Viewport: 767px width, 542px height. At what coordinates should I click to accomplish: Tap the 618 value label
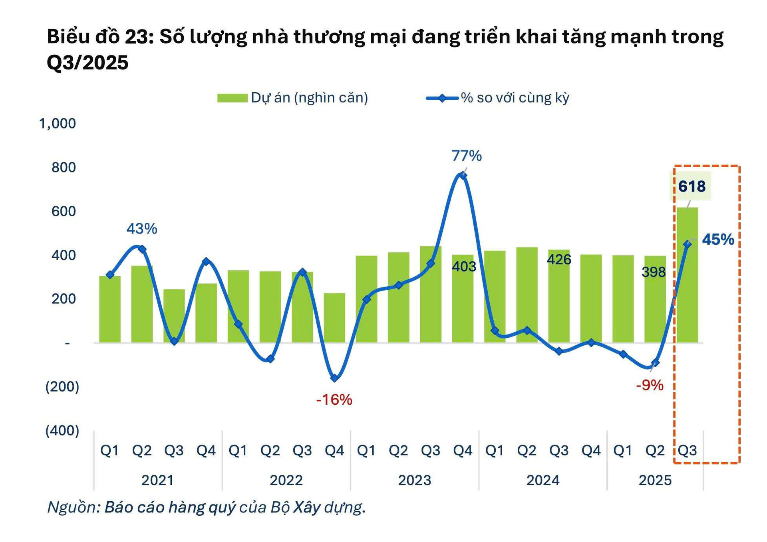[x=692, y=186]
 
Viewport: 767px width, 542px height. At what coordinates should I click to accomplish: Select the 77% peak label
[x=467, y=156]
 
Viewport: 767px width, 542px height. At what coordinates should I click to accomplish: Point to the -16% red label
[x=334, y=400]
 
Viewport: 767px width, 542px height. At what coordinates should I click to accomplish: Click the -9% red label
[x=650, y=385]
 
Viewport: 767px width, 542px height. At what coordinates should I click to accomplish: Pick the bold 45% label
[x=718, y=239]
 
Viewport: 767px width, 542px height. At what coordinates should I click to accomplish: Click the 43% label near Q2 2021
[x=142, y=229]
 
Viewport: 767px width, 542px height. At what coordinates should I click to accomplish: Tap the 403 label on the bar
[x=464, y=266]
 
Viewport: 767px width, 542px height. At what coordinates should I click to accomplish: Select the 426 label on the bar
[x=559, y=260]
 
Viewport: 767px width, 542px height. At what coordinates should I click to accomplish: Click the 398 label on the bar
[x=654, y=272]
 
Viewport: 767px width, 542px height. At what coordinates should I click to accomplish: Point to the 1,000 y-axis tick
[x=57, y=124]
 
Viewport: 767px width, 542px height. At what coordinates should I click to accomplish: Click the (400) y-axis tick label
[x=62, y=431]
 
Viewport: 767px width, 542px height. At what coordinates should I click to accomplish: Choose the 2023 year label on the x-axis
[x=414, y=480]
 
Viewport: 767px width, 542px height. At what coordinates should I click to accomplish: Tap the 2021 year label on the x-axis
[x=157, y=480]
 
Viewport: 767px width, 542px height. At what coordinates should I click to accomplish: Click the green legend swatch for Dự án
[x=232, y=98]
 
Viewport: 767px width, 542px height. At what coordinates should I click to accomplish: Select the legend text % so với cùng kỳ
[x=515, y=98]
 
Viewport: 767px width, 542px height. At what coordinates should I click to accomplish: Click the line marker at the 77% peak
[x=463, y=175]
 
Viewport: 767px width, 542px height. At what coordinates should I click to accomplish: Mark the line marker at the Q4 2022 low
[x=334, y=378]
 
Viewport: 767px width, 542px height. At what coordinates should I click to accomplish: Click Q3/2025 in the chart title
[x=87, y=63]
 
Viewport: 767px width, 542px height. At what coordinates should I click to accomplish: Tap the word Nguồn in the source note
[x=72, y=507]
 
